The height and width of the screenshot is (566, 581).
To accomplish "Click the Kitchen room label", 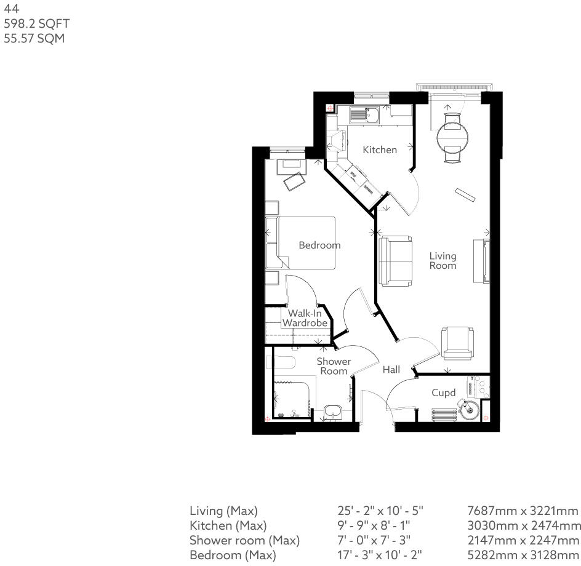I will point(379,149).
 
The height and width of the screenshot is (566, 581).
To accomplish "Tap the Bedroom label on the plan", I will point(319,245).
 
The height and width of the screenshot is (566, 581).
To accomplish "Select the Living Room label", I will point(443,260).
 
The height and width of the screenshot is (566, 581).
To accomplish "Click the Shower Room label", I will point(334,366).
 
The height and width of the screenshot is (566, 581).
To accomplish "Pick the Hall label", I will point(391,370).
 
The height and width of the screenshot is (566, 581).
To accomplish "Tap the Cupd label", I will point(443,393).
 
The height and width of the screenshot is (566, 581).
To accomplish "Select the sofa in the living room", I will point(396,260).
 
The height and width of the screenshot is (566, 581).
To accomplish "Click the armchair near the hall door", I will point(458,343).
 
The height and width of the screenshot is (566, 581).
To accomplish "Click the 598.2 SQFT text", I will point(37,24).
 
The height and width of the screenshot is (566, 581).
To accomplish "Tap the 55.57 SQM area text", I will point(34,39).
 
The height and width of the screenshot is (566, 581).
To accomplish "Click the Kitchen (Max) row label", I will point(228,525).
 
